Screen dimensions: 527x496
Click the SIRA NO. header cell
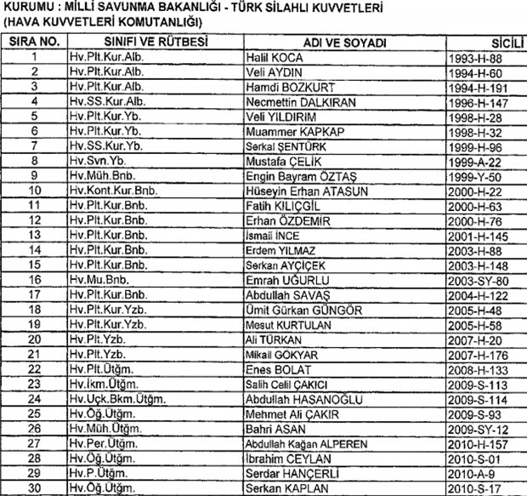[34, 42]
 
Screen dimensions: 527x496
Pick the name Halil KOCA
[274, 57]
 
